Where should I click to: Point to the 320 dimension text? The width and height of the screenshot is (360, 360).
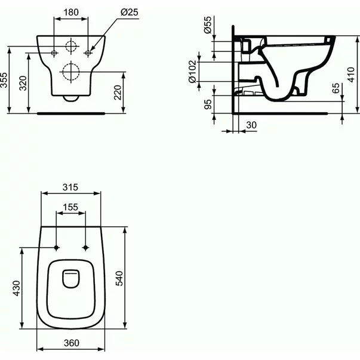23,82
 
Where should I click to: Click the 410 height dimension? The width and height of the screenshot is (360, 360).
353,75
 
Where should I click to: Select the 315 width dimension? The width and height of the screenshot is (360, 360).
70,187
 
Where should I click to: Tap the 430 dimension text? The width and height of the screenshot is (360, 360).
17,288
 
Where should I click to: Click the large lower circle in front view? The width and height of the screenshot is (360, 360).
71,72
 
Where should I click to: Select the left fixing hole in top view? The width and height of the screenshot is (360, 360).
56,248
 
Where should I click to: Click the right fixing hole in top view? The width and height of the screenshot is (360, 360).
86,248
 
